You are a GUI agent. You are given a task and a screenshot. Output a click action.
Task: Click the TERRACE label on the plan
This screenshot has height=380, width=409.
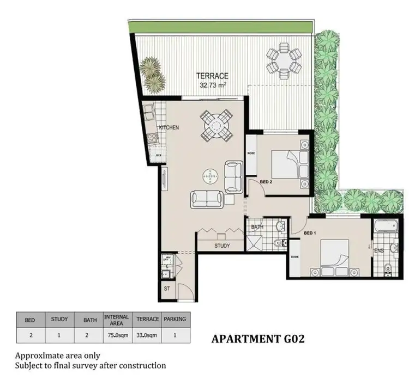pos(213,76)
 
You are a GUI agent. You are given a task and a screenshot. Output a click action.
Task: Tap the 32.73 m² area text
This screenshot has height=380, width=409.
pos(213,85)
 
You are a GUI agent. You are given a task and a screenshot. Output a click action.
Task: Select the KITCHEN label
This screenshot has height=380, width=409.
pos(169,128)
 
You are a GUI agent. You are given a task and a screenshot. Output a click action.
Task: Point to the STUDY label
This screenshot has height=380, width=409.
pos(222,246)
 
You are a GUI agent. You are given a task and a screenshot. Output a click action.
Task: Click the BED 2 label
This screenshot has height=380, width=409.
pos(266,181)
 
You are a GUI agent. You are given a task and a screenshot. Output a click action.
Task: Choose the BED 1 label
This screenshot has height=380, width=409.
pos(310,233)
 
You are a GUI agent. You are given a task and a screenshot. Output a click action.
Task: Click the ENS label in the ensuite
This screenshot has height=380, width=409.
pos(379,250)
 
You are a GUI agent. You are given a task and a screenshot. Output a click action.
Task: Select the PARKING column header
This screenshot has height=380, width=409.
pos(175,319)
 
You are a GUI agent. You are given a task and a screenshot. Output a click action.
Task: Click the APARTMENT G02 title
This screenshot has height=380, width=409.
pos(257,340)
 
